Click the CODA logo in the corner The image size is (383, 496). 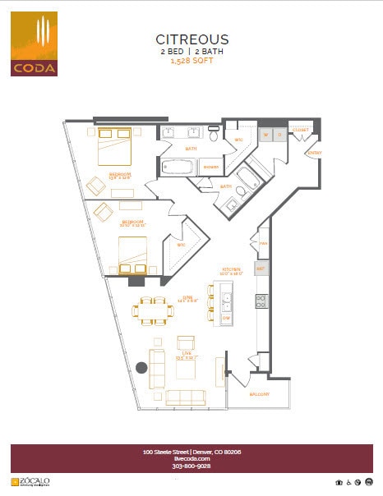click(x=34, y=44)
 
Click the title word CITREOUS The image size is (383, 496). click(x=192, y=39)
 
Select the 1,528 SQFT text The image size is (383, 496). click(x=191, y=60)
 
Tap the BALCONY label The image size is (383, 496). click(x=261, y=394)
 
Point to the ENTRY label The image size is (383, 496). click(x=314, y=153)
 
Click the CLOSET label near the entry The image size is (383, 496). click(x=299, y=128)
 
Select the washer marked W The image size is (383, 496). click(x=265, y=134)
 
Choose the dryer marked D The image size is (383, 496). click(x=279, y=134)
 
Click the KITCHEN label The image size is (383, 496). click(x=229, y=269)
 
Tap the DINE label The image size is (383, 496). click(x=187, y=300)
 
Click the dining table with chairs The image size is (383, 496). click(x=155, y=311)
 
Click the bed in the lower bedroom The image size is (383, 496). click(x=132, y=254)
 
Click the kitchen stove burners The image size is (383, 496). click(x=261, y=301)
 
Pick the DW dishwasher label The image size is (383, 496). click(x=226, y=317)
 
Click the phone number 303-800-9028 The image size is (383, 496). click(x=191, y=466)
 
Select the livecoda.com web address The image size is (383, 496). click(x=191, y=459)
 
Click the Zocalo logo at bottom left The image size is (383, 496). click(x=30, y=482)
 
